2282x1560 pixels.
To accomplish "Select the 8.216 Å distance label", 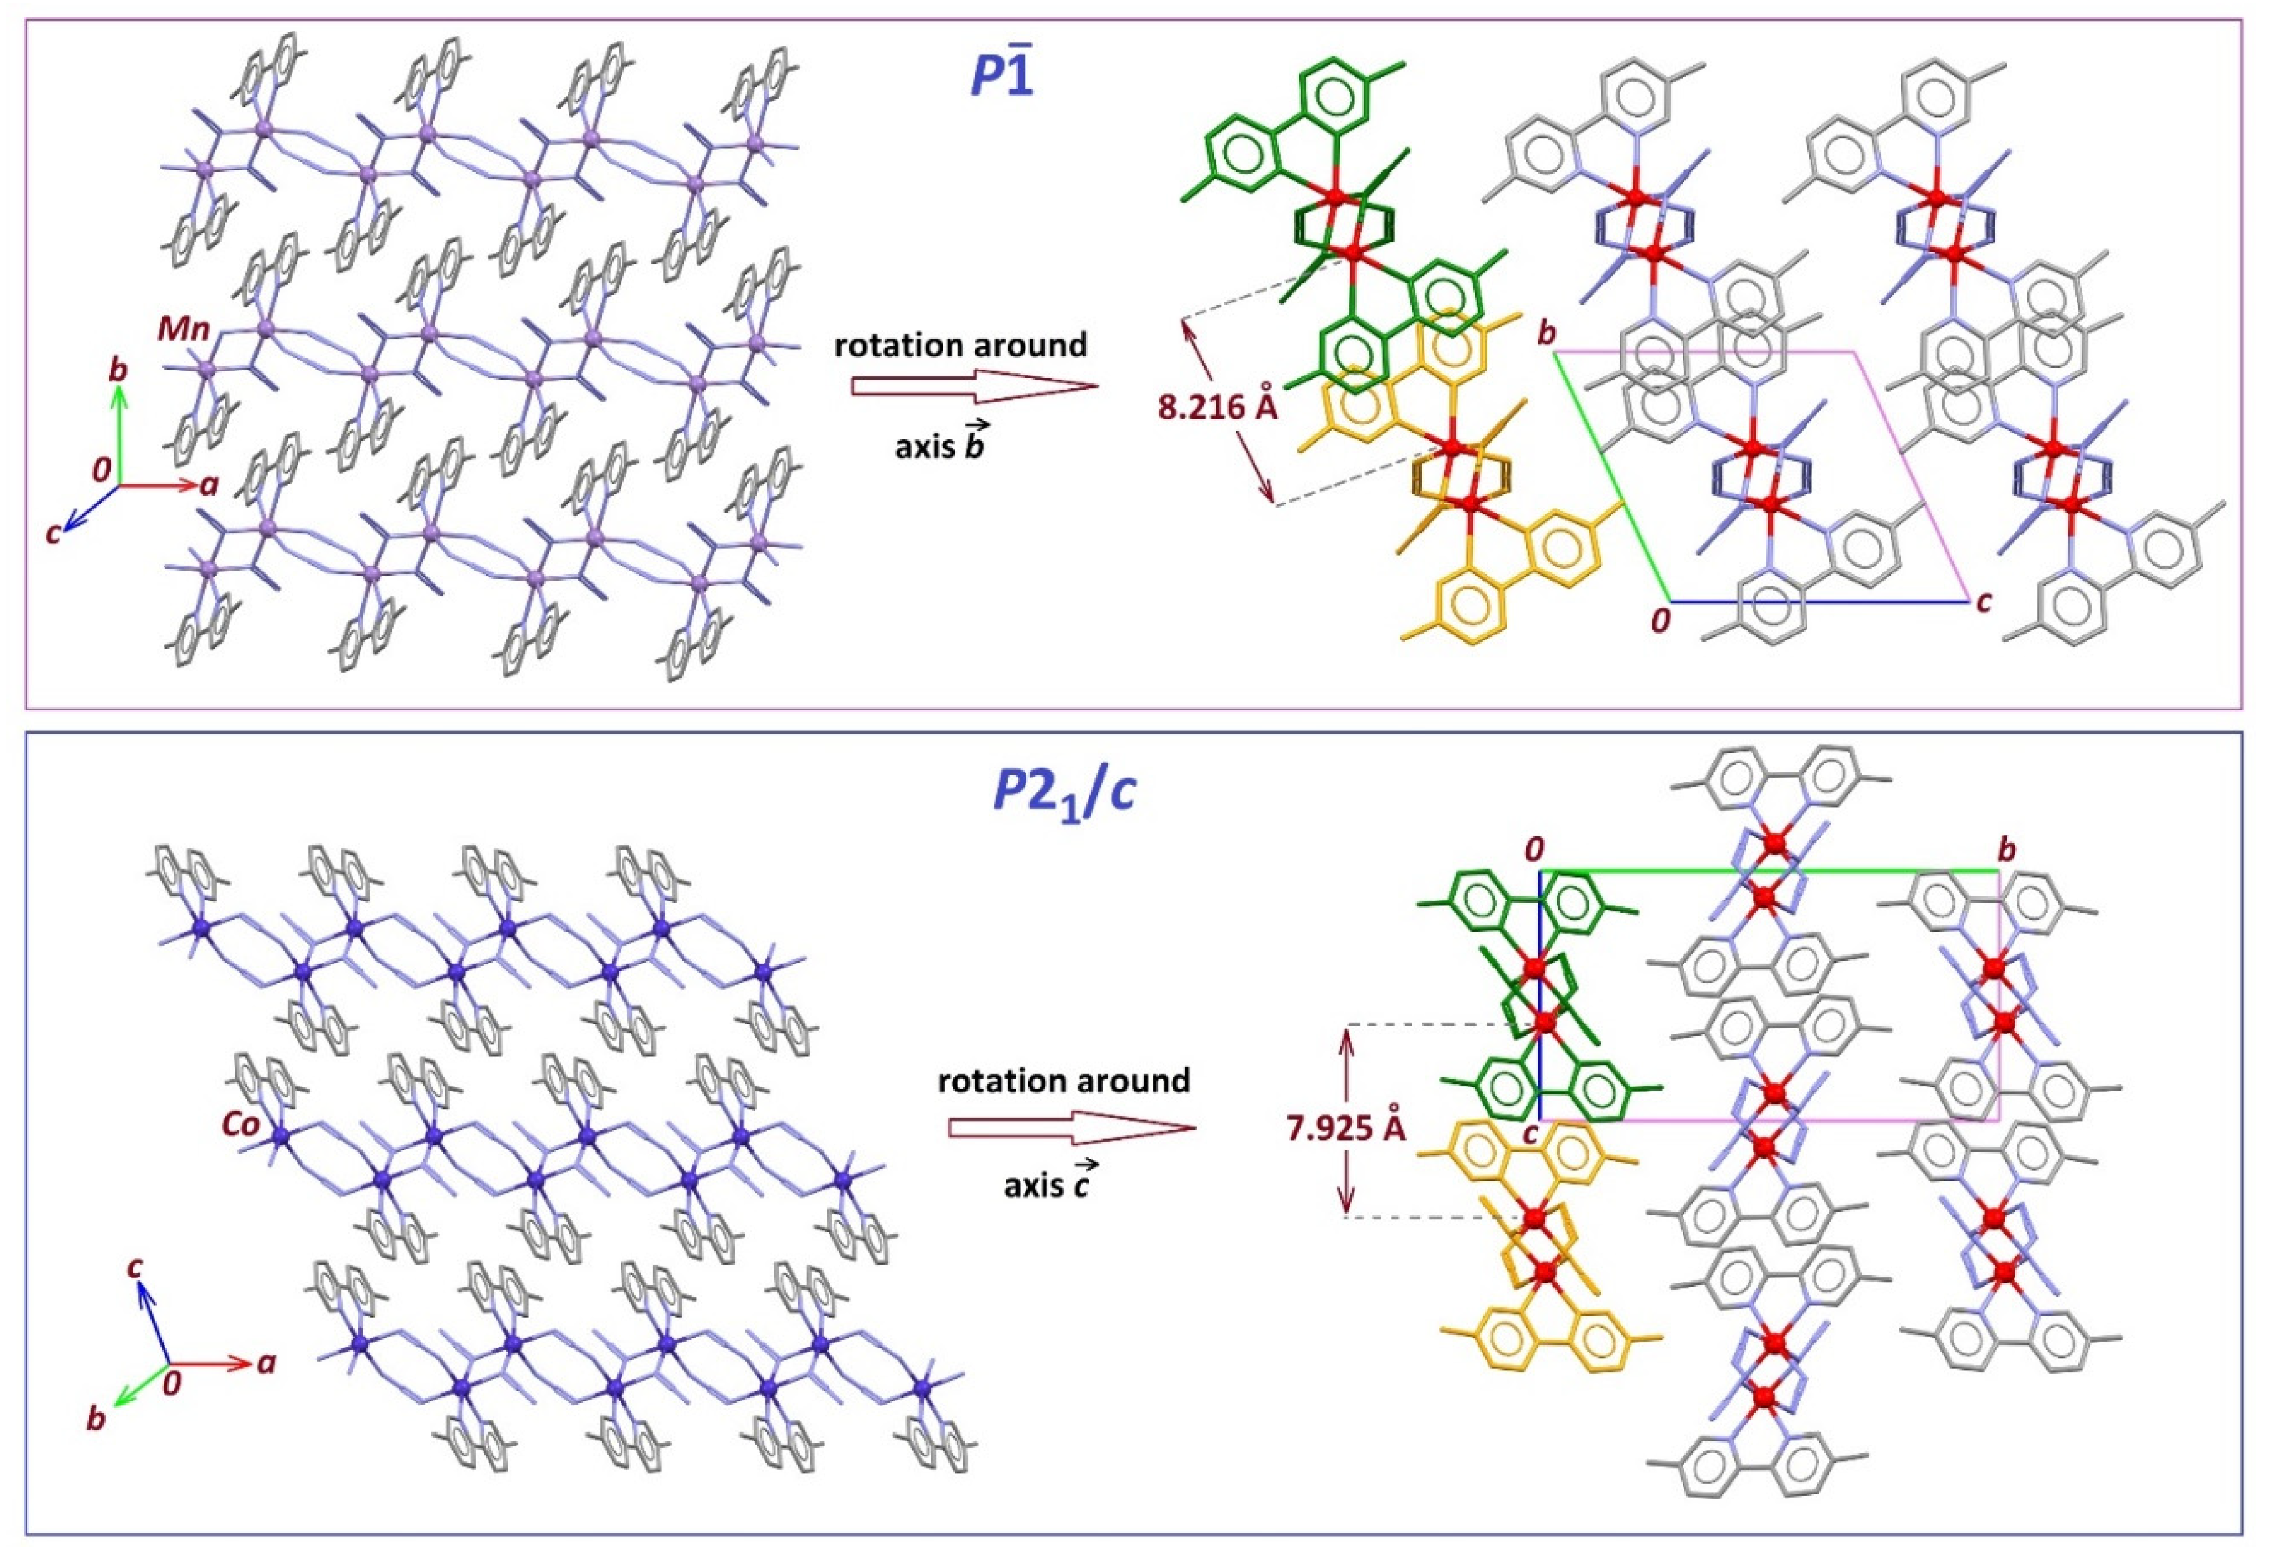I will pos(1217,406).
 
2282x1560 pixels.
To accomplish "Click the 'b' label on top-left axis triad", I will pos(118,371).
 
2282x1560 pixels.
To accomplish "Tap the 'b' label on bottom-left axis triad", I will pos(96,1419).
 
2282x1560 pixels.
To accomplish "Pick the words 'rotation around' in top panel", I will pos(960,346).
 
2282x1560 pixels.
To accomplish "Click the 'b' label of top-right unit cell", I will pos(1547,335).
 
